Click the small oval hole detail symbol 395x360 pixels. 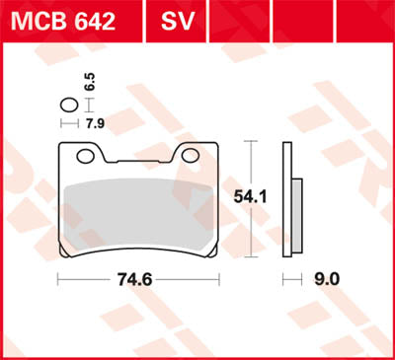[x=68, y=106]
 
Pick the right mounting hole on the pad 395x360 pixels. [x=186, y=156]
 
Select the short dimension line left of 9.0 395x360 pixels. [x=289, y=280]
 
